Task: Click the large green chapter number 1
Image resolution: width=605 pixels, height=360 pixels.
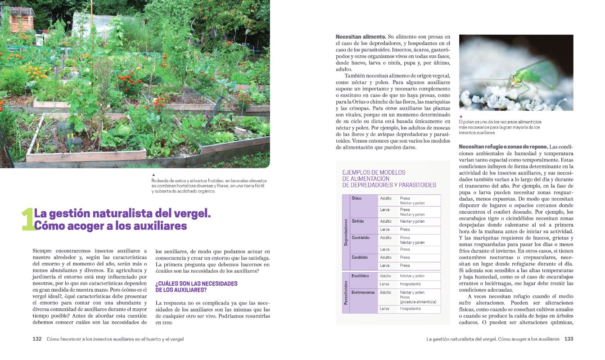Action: [x=27, y=220]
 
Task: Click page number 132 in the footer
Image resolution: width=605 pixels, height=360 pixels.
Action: [x=37, y=339]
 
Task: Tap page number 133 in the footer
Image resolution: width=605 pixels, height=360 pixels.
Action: [x=569, y=339]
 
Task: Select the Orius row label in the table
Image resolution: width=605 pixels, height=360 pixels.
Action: [x=357, y=198]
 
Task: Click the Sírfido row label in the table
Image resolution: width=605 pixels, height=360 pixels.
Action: [x=358, y=221]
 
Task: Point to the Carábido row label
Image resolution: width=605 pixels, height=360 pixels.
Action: [x=360, y=257]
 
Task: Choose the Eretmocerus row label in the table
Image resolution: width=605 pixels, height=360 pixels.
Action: [x=363, y=292]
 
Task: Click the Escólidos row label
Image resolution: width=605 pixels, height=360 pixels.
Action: [x=361, y=276]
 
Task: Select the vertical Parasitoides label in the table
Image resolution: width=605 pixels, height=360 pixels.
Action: [x=346, y=292]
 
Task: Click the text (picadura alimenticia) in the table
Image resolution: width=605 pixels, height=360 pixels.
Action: [x=418, y=302]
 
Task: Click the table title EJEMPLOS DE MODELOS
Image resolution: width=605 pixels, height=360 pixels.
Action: [x=374, y=172]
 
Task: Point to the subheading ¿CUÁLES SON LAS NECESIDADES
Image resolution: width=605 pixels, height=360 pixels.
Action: [x=196, y=283]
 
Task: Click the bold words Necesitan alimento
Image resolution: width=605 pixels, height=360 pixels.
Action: [x=361, y=36]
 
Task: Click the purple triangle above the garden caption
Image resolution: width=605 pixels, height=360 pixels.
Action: [x=154, y=175]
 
